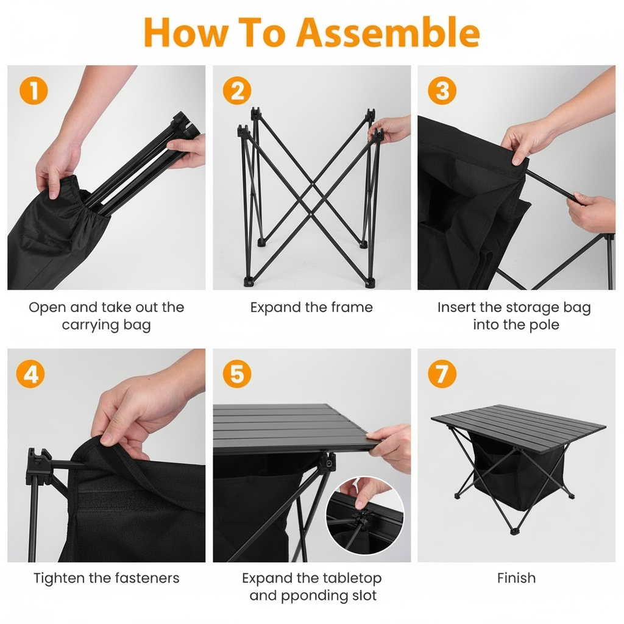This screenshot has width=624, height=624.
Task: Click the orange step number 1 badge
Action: click(34, 91)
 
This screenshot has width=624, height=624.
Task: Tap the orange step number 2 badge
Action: click(237, 91)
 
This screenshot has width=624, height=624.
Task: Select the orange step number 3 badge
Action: click(442, 91)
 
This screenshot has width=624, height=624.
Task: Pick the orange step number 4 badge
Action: click(30, 374)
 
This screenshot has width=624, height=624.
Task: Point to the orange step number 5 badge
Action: click(237, 374)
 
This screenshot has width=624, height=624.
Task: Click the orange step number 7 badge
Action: click(442, 374)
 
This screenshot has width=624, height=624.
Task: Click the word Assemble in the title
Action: click(388, 33)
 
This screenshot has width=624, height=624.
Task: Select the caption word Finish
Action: click(516, 578)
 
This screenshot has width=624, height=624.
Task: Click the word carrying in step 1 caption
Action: click(91, 325)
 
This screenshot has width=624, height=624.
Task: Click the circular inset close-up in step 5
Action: click(365, 517)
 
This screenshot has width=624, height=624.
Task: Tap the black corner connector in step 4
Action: click(38, 466)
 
